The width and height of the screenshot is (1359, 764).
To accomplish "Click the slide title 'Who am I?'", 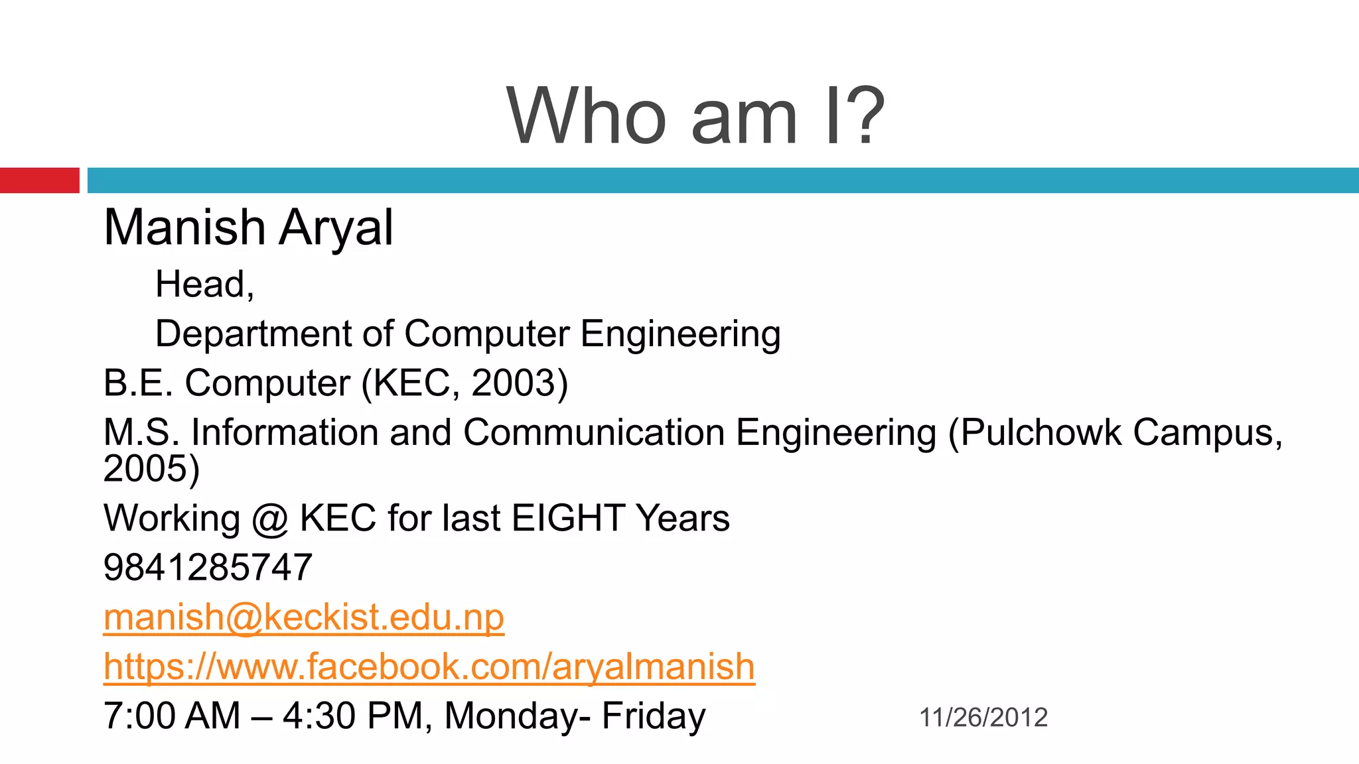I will [x=695, y=116].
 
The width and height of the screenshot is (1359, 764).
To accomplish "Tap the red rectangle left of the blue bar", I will [x=39, y=180].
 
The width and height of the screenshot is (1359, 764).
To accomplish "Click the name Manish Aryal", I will [x=249, y=227].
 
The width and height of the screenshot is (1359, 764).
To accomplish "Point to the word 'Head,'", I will [x=204, y=285].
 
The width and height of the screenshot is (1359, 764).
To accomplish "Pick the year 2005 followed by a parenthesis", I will [x=151, y=469].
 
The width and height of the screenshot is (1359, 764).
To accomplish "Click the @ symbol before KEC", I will [x=269, y=519].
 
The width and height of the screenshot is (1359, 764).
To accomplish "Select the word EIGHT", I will [x=569, y=518].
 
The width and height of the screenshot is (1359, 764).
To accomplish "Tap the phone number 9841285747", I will [x=208, y=568].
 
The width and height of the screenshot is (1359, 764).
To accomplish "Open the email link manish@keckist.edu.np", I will [x=304, y=617].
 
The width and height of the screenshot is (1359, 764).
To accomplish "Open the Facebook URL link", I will [x=429, y=667].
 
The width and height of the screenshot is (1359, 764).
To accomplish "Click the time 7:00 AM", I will [x=172, y=716].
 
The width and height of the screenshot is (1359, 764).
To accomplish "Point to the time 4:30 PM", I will [x=352, y=716].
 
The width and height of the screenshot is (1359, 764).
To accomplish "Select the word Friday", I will [x=654, y=716].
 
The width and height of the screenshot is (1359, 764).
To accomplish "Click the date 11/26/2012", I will [x=983, y=718].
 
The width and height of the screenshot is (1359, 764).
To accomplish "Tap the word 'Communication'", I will [x=594, y=432].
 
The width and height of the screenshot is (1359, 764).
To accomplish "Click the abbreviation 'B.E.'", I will [x=138, y=383].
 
